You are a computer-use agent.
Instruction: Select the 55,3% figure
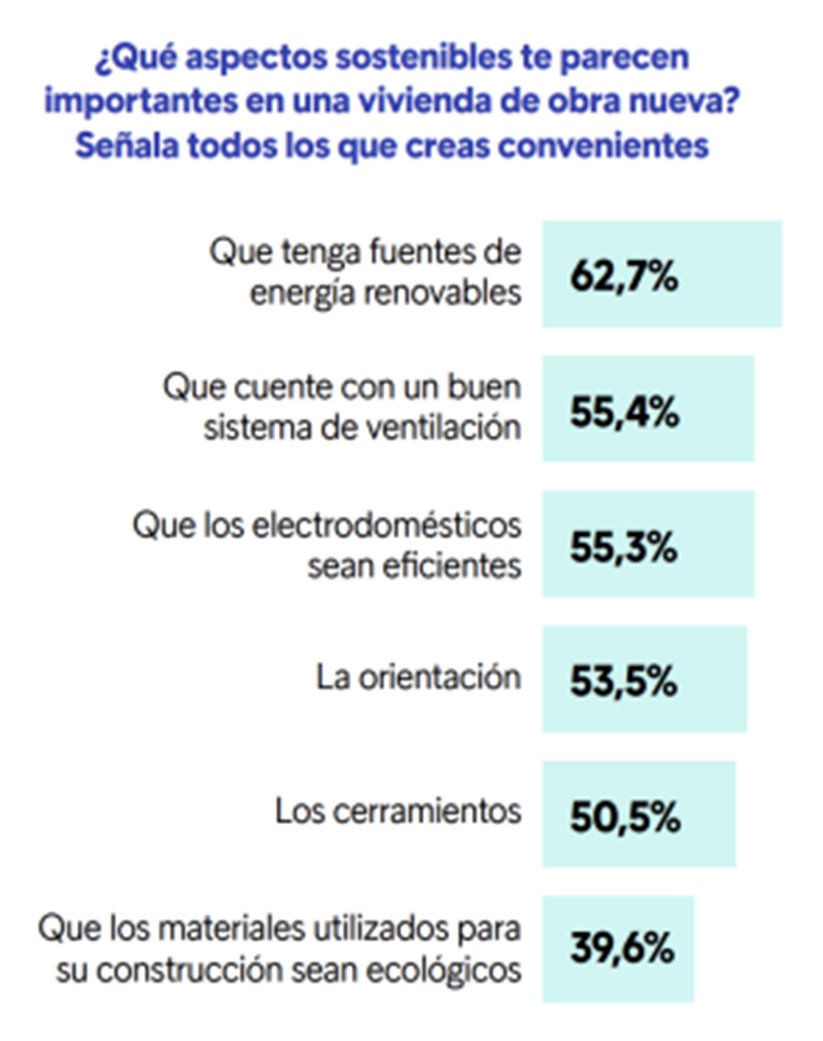(623, 547)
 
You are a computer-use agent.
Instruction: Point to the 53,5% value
(623, 681)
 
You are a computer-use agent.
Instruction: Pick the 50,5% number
(625, 816)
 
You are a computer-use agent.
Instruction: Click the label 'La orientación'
(418, 678)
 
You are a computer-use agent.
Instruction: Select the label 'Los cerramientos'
(398, 811)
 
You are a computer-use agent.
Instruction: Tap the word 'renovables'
(442, 294)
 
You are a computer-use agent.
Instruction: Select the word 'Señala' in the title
(126, 145)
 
